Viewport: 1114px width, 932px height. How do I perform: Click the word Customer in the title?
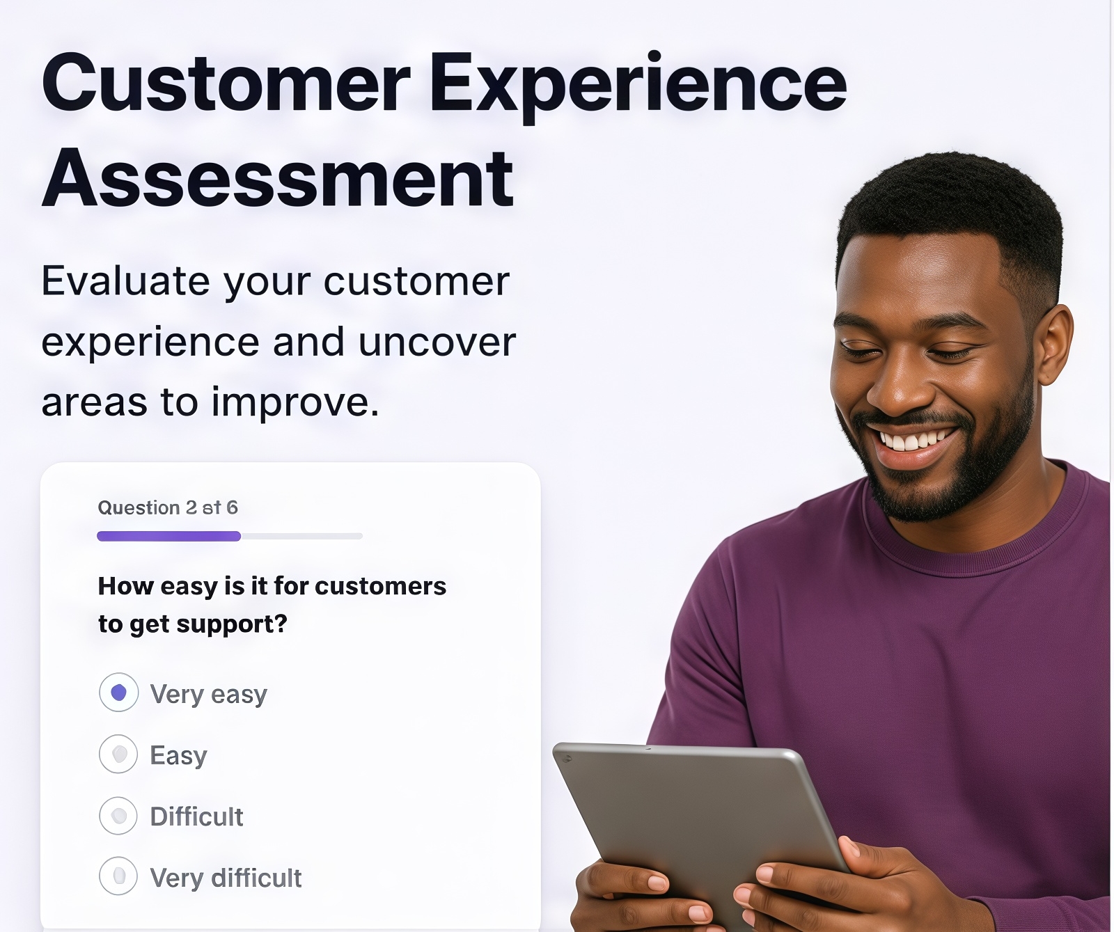click(x=226, y=84)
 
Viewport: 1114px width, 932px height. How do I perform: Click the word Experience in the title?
click(x=638, y=88)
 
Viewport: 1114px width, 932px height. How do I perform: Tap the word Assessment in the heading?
click(x=278, y=179)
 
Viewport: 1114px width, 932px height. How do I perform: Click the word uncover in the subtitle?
click(x=437, y=342)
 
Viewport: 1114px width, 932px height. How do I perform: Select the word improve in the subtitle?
click(x=295, y=402)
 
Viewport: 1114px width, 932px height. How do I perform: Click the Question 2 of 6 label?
click(x=168, y=507)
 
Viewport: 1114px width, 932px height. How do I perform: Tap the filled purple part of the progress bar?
click(x=169, y=536)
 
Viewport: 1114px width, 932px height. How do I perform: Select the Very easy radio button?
click(x=119, y=693)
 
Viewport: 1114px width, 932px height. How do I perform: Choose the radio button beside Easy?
click(x=119, y=754)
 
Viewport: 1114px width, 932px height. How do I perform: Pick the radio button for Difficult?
click(x=119, y=816)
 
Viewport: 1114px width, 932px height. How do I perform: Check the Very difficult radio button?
click(x=119, y=876)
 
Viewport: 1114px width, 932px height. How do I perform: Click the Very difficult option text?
click(x=226, y=878)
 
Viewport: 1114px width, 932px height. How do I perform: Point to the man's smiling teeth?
click(x=913, y=441)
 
